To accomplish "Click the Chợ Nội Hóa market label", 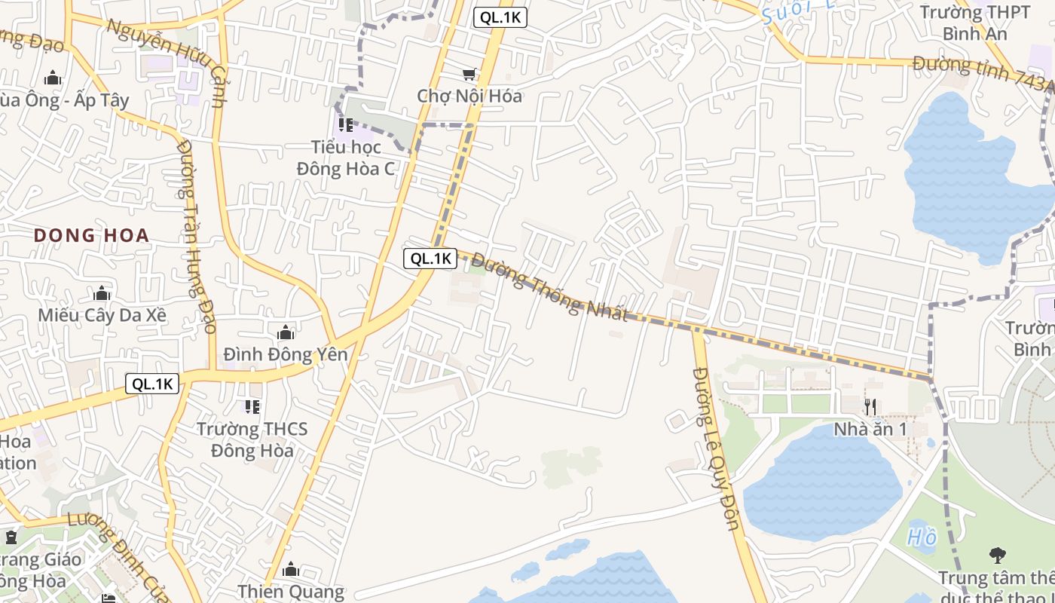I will point(469,96).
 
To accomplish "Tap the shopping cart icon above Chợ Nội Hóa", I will point(469,74).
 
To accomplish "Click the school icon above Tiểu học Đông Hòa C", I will point(346,124).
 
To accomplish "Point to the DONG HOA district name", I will point(91,235).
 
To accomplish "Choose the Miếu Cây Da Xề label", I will point(102,314).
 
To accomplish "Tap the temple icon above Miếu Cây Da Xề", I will point(102,292).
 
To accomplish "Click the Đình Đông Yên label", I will point(286,354).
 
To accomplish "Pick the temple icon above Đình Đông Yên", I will point(286,332).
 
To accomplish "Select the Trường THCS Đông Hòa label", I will point(252,439).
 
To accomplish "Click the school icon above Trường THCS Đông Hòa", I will point(252,407).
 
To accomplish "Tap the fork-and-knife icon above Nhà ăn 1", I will point(870,407).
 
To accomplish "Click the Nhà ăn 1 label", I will point(870,429).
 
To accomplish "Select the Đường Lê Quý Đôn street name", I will point(716,448).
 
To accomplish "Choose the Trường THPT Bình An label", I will point(975,23).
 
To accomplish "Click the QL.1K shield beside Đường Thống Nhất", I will point(430,259).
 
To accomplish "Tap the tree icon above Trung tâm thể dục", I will point(997,556).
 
